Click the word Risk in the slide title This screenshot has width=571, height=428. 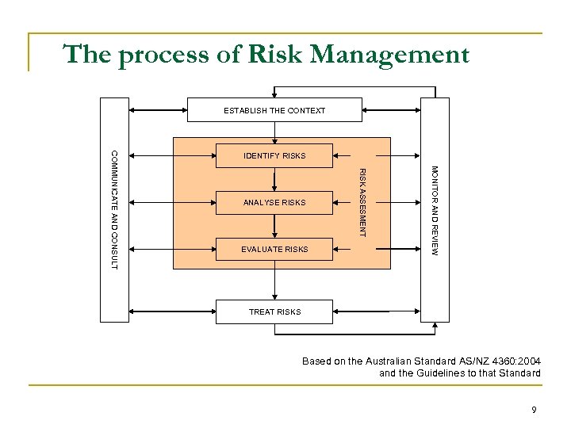(x=278, y=55)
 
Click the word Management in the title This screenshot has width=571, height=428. (x=390, y=55)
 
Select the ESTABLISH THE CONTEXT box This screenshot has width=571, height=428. (x=274, y=110)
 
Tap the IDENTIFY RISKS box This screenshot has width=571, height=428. (x=274, y=155)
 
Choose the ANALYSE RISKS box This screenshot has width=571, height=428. (x=274, y=203)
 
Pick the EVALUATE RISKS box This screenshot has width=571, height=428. (x=274, y=249)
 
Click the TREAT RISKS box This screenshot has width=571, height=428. (x=274, y=311)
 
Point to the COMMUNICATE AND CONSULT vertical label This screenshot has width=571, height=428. (x=114, y=208)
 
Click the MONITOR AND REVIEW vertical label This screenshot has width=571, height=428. (x=435, y=209)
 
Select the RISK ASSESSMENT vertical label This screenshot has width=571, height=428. (x=362, y=203)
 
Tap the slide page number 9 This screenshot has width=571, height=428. (x=534, y=410)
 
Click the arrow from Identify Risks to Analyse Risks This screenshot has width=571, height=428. (x=274, y=179)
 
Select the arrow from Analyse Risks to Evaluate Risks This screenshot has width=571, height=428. (x=274, y=226)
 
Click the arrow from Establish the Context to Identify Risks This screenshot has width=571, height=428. (x=274, y=132)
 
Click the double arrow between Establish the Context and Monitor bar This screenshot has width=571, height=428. (x=392, y=110)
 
